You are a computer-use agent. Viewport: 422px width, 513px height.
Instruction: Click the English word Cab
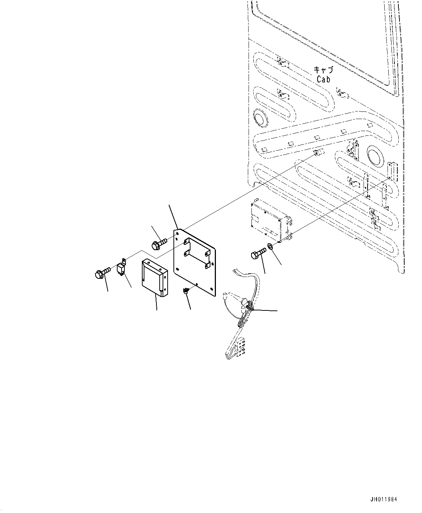tap(323, 79)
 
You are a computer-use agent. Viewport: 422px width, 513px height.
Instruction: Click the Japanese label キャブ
tap(323, 70)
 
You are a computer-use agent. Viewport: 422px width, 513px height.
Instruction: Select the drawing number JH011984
tap(384, 499)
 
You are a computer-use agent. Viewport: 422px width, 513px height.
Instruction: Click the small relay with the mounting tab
tap(122, 269)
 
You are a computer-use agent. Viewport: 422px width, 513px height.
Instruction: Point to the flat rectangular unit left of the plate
tap(155, 276)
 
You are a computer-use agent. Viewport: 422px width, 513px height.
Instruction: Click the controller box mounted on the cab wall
tap(269, 220)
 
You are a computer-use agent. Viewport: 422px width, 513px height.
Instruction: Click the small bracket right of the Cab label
tap(342, 94)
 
